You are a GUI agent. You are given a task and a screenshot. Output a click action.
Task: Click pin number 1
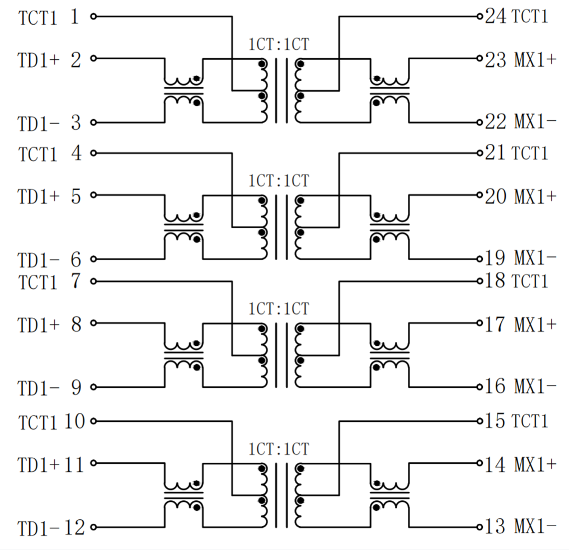(x=74, y=17)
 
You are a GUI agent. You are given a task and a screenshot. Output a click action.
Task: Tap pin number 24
(x=495, y=16)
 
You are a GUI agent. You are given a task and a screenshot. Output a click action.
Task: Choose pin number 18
(x=495, y=281)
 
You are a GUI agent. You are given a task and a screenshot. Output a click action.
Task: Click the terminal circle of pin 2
(x=93, y=58)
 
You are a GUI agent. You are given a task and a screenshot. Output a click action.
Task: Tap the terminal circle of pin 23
(x=479, y=58)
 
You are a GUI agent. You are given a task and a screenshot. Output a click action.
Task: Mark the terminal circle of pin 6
(x=93, y=259)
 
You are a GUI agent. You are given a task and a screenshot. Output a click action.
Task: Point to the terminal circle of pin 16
(x=479, y=387)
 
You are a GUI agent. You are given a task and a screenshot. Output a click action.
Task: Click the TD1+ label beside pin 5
(x=38, y=197)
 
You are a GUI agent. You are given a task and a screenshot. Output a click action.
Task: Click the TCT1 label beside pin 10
(x=38, y=422)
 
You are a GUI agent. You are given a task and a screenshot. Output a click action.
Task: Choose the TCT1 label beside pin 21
(x=530, y=153)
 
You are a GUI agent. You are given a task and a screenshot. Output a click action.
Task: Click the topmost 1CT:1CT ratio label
(x=279, y=44)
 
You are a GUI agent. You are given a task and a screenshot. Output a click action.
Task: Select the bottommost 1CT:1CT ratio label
(x=279, y=449)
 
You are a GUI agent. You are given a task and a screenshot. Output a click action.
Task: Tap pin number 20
(x=495, y=196)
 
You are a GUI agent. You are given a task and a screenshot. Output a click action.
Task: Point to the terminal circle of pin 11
(x=93, y=463)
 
